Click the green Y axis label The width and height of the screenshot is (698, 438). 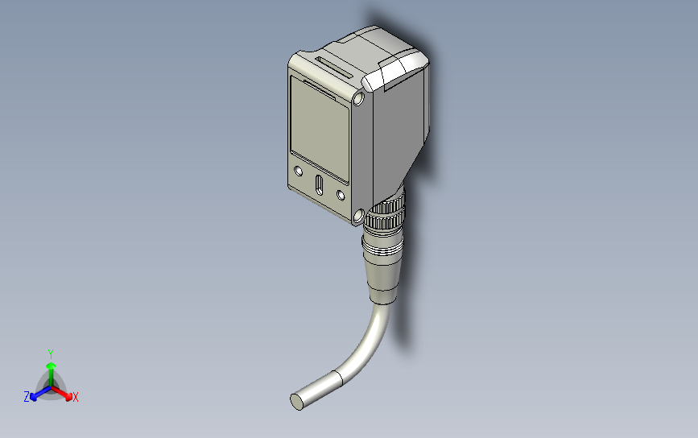[51, 353]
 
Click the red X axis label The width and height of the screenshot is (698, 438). [76, 397]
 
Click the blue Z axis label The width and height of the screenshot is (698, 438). [27, 396]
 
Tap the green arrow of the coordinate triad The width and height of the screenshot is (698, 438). [51, 370]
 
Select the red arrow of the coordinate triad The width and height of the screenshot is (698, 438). [66, 394]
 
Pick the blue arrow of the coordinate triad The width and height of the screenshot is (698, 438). [36, 394]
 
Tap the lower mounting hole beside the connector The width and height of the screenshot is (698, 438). [357, 215]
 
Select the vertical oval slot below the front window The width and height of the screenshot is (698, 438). [319, 185]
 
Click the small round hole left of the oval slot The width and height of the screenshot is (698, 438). [299, 171]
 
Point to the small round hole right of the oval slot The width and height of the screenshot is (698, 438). [341, 195]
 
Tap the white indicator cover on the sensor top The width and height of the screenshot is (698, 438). [394, 70]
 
